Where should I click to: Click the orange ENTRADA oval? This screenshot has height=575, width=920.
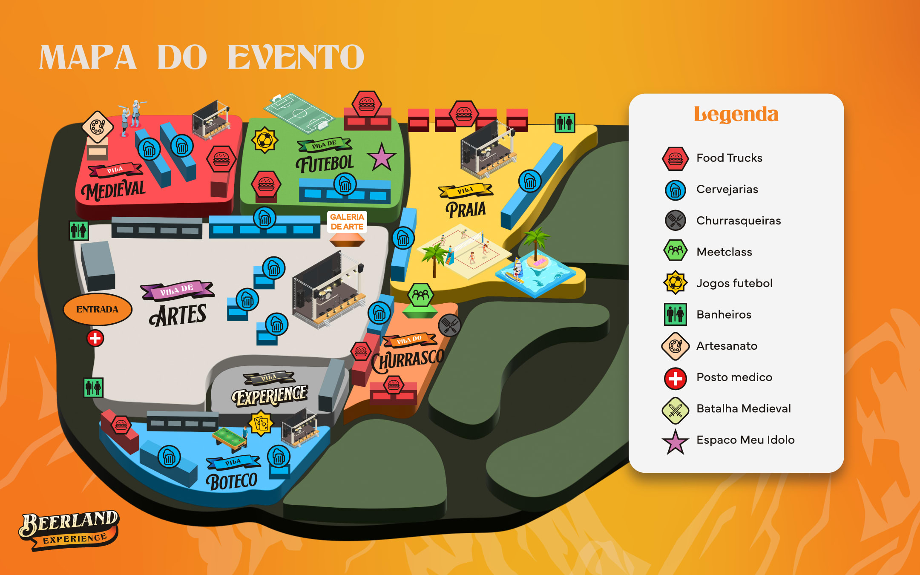pos(97,309)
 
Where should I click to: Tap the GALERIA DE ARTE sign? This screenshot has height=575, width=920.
pos(347,222)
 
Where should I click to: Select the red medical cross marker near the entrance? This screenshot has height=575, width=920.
pos(95,338)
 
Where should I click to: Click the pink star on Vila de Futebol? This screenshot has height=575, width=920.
pos(381,158)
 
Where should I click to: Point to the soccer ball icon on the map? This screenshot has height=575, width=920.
pos(264,140)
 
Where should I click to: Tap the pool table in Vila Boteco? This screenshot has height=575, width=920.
pos(230,439)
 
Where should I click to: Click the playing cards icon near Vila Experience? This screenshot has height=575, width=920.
pos(261,423)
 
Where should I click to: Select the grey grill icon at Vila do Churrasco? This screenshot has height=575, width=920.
pos(449,325)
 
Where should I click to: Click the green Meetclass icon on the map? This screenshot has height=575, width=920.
pos(420,295)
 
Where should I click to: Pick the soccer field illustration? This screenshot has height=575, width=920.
pos(299,113)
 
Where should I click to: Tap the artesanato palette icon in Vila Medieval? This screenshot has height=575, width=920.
pos(98,126)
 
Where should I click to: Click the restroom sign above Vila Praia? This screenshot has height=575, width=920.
pos(565,123)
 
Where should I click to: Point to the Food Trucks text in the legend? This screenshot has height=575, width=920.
pos(729,158)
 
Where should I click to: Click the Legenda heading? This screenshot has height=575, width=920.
pos(736,114)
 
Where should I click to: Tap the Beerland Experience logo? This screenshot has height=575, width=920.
pos(69,529)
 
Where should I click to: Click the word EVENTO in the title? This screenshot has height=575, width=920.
pos(296,57)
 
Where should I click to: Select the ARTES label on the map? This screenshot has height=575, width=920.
pos(178,315)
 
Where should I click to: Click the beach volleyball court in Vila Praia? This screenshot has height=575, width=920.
pos(466,251)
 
